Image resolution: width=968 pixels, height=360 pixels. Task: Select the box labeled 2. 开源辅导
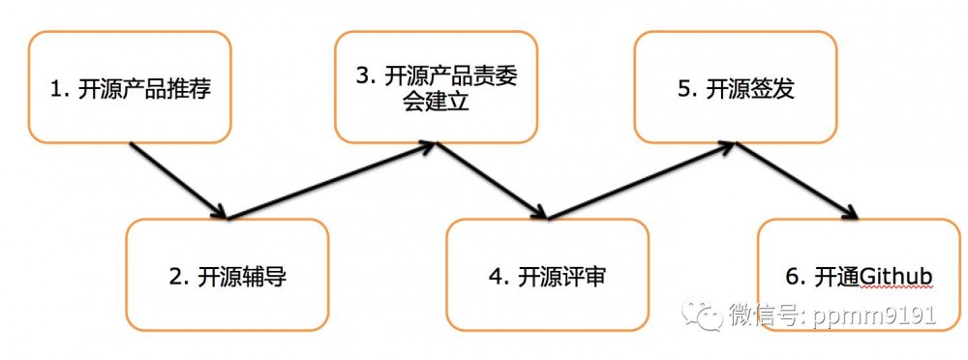228,275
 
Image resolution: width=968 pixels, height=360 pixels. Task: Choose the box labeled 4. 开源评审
547,275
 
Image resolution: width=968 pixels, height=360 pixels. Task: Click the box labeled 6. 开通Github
858,275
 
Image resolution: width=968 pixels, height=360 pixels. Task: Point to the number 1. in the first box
60,90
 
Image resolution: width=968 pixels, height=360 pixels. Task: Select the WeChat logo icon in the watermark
703,315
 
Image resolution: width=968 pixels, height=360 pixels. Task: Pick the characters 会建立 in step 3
436,102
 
